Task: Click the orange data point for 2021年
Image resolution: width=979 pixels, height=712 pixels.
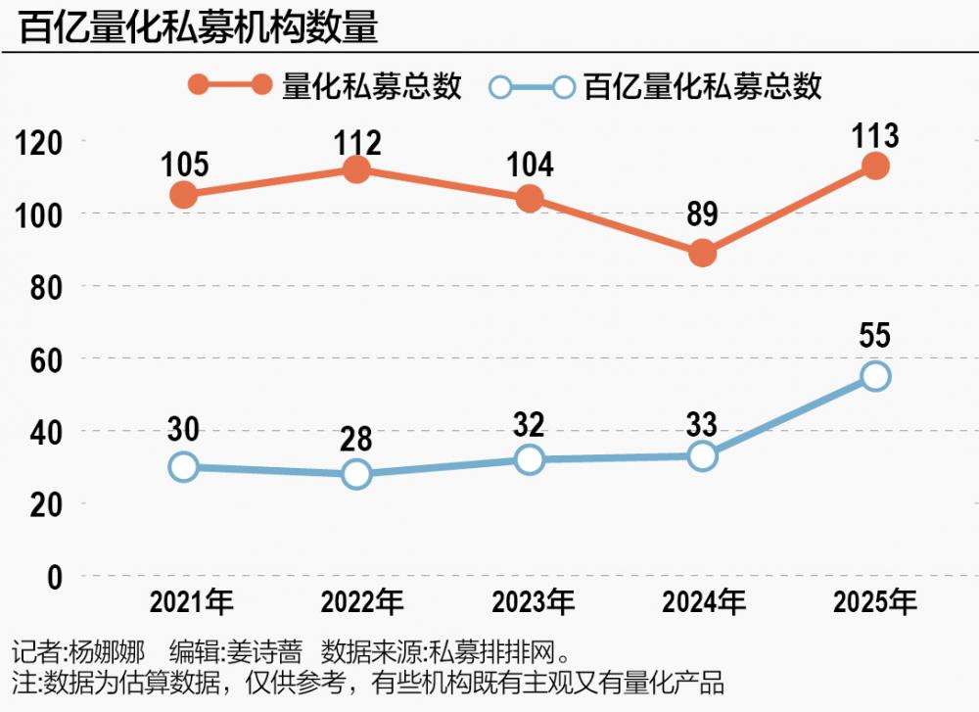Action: (x=183, y=195)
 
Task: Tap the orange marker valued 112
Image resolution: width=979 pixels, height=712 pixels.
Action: (x=356, y=169)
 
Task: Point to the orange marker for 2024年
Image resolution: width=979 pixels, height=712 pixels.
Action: (x=702, y=254)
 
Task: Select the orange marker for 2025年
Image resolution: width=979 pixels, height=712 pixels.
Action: (x=875, y=166)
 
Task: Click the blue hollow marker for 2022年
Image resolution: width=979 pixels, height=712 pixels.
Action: (x=356, y=474)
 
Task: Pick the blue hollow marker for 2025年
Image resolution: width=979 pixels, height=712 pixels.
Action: (x=875, y=376)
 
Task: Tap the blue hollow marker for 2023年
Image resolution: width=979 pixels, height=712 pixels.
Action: (x=530, y=459)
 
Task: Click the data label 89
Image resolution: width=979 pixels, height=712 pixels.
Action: (x=702, y=214)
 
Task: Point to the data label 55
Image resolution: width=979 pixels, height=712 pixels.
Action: (x=875, y=336)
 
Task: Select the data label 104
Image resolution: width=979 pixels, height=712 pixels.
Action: (x=530, y=164)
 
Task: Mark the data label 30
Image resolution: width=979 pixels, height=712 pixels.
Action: (x=183, y=428)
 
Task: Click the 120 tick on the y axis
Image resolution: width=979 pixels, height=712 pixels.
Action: (x=40, y=143)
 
